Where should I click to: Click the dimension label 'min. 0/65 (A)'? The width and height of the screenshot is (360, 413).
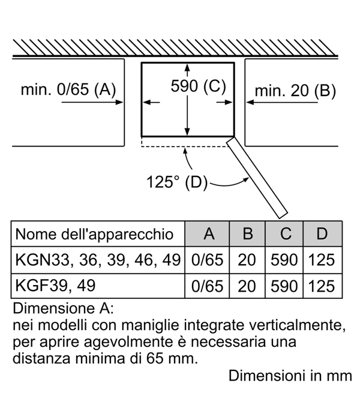68,89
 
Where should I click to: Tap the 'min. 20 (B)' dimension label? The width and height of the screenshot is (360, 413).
295,91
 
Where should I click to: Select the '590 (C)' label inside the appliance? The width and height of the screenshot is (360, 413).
199,86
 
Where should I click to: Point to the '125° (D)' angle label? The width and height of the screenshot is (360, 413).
177,182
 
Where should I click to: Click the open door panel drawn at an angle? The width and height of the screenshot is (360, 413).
257,178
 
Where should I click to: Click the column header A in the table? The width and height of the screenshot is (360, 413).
209,234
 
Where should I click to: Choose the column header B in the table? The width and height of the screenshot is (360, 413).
248,234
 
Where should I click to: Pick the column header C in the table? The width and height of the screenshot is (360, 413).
286,234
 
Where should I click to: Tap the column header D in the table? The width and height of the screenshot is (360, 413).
322,234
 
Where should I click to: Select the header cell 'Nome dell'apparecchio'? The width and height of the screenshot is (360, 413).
95,234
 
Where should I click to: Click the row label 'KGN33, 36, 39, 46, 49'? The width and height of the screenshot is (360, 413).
98,261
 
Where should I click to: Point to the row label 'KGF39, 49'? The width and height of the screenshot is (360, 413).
55,286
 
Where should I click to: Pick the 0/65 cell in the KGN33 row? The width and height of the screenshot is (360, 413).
207,260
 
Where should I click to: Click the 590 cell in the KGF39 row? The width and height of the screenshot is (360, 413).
284,286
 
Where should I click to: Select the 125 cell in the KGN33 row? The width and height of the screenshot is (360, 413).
322,260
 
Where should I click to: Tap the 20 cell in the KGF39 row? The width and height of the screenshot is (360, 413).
247,286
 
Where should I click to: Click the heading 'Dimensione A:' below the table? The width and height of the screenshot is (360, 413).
63,308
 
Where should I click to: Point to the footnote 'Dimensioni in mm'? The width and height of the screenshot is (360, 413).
290,376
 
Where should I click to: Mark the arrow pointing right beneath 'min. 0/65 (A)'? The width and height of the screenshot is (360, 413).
92,102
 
